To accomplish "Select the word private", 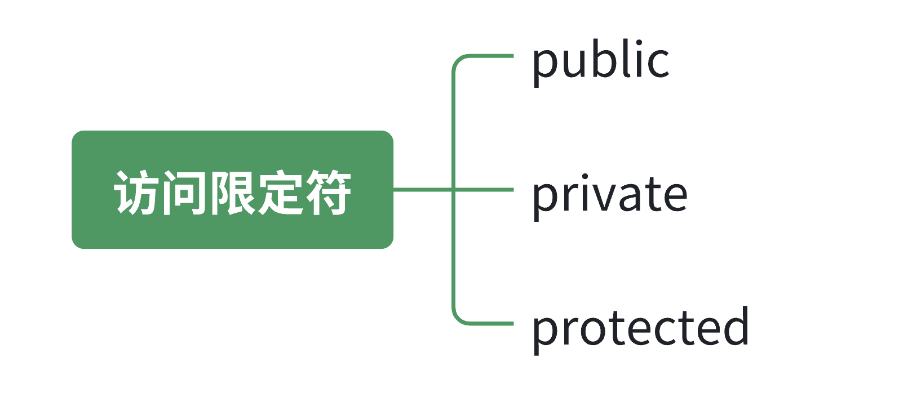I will click(x=609, y=195).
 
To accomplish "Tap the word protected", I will click(x=640, y=328).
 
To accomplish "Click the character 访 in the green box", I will click(x=136, y=193).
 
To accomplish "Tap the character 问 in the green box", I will click(x=183, y=193).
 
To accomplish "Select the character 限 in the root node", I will click(x=231, y=193).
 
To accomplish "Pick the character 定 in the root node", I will click(x=279, y=193).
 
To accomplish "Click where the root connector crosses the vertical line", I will click(x=453, y=190).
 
